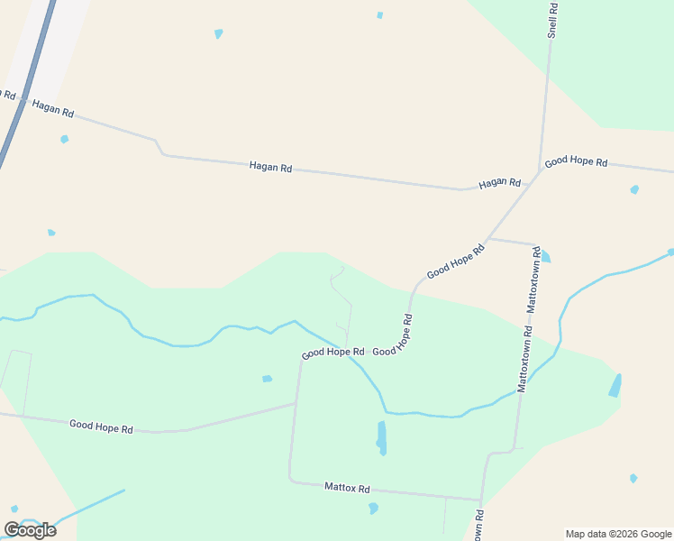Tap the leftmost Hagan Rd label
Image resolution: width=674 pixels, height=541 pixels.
(x=52, y=109)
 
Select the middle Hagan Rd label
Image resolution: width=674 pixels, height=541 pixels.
(x=270, y=168)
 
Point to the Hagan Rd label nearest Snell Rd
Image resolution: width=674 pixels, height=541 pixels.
(x=499, y=183)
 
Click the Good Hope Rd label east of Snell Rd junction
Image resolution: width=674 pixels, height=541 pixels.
(x=576, y=161)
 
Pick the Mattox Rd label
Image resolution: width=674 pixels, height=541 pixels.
(x=347, y=488)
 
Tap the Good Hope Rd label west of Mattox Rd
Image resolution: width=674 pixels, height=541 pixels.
(x=101, y=426)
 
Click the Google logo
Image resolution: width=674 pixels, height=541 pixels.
(x=30, y=529)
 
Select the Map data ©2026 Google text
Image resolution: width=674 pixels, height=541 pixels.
(x=618, y=534)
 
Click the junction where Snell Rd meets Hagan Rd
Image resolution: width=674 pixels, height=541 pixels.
(x=541, y=170)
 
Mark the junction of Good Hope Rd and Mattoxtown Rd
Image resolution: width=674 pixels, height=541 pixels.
(x=487, y=240)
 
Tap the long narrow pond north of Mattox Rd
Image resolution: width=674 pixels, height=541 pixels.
(x=381, y=437)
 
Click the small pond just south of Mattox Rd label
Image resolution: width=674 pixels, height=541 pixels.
(x=373, y=509)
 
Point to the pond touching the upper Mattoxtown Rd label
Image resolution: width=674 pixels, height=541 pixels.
(x=545, y=256)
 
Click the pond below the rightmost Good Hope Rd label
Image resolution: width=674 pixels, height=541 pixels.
(x=634, y=189)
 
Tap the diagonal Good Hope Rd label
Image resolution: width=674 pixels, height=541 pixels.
(x=456, y=260)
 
